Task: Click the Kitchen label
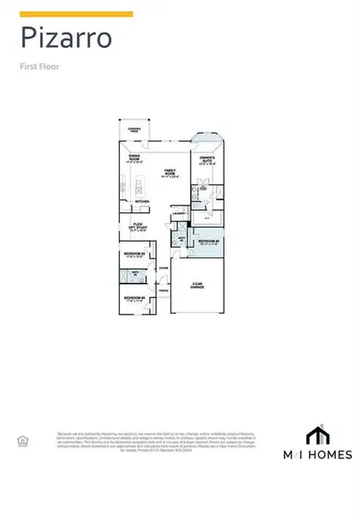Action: tap(142, 202)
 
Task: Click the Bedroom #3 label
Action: tap(135, 298)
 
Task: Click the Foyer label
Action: tap(163, 267)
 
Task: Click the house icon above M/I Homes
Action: tap(319, 433)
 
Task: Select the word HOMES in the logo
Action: tap(329, 452)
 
